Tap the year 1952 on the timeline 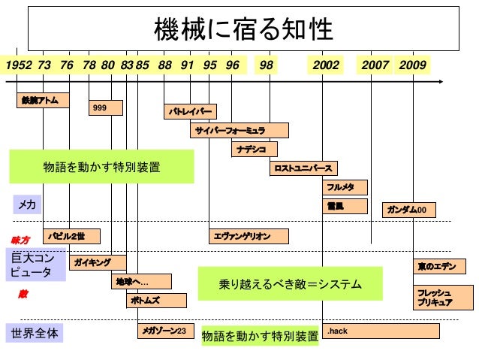tap(19, 65)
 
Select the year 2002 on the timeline tap(326, 65)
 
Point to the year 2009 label tap(412, 65)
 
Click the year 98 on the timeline tap(266, 65)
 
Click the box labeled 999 tap(105, 108)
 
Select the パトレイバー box tap(190, 112)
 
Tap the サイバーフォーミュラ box tap(239, 130)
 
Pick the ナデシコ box tap(254, 149)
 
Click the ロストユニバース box tap(302, 168)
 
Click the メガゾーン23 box tap(166, 331)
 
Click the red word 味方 tap(20, 240)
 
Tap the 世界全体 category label tap(33, 331)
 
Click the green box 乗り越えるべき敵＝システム tap(290, 284)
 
